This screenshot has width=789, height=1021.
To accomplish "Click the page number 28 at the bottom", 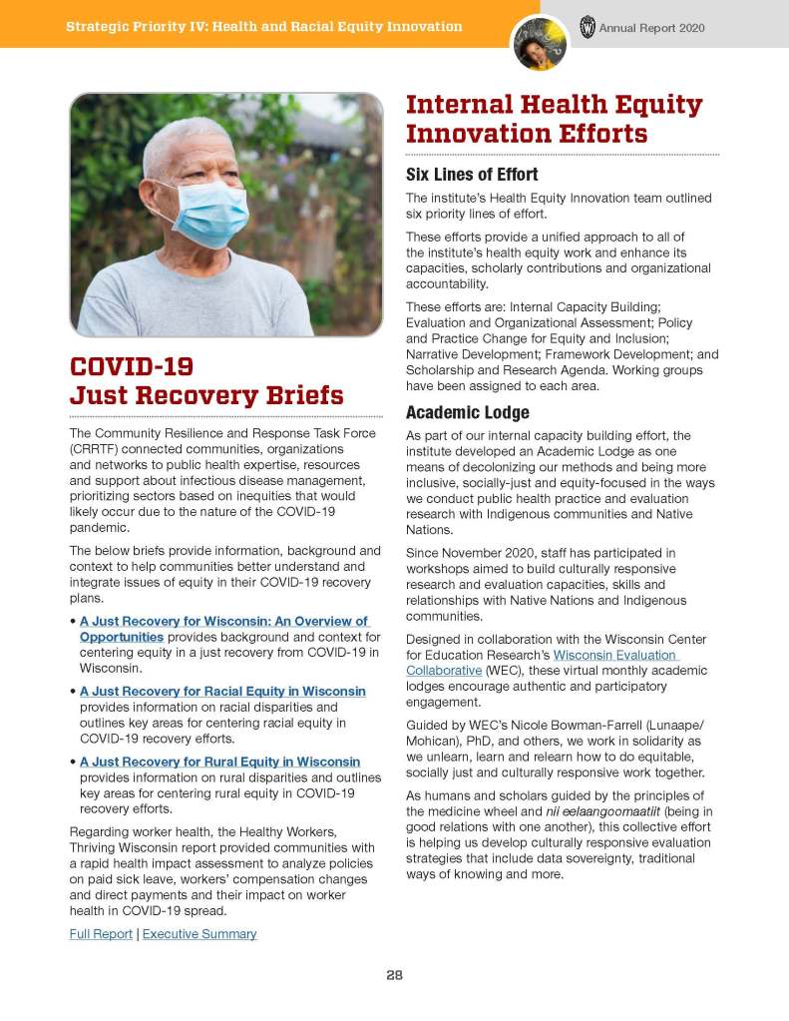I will (x=394, y=975).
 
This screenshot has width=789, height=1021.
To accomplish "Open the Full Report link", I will (x=101, y=934).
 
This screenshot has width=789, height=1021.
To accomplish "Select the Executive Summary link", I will (x=199, y=934).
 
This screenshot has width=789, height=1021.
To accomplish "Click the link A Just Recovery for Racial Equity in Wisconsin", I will (x=222, y=691).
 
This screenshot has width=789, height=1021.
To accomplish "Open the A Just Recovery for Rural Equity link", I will (x=219, y=762).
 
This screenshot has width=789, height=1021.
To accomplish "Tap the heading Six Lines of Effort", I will (x=472, y=175).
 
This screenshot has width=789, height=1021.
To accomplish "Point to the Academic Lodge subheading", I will (x=467, y=412).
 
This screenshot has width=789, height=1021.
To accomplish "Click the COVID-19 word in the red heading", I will (x=132, y=365).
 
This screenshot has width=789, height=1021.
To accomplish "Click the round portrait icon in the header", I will (x=540, y=42).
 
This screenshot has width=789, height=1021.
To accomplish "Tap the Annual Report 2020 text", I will (x=651, y=28).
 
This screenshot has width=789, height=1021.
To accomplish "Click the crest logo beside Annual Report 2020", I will (x=587, y=27).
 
